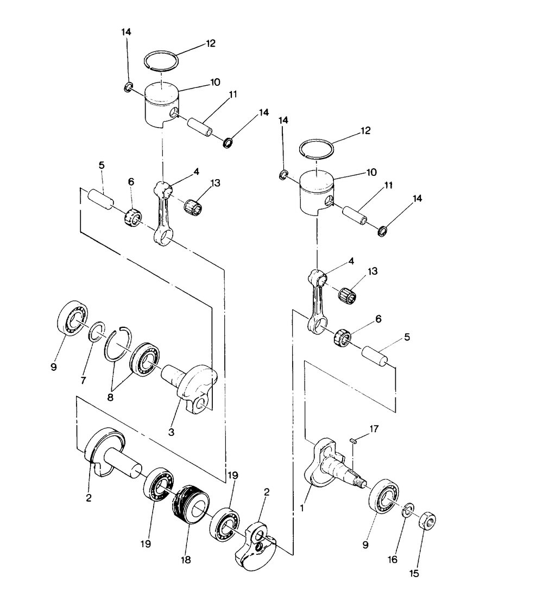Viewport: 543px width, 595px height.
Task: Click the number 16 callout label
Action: pos(394,559)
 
